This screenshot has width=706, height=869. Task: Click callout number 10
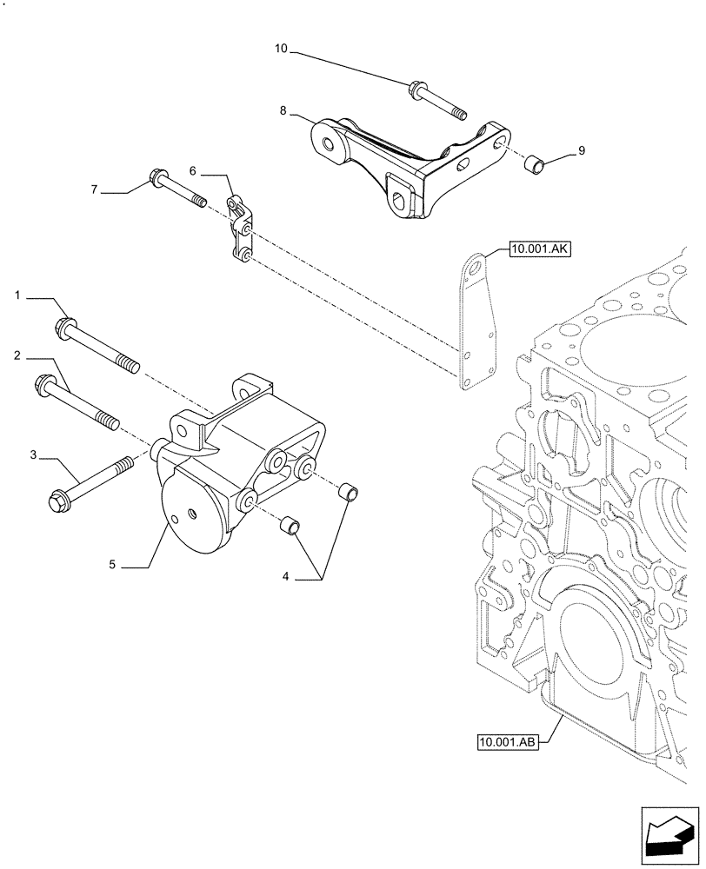(281, 50)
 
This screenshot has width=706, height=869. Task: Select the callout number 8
(283, 111)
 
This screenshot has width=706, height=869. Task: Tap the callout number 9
(581, 150)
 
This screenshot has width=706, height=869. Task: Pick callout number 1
(17, 296)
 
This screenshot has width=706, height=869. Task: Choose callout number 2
(17, 355)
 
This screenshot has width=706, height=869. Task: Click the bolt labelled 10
(435, 100)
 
